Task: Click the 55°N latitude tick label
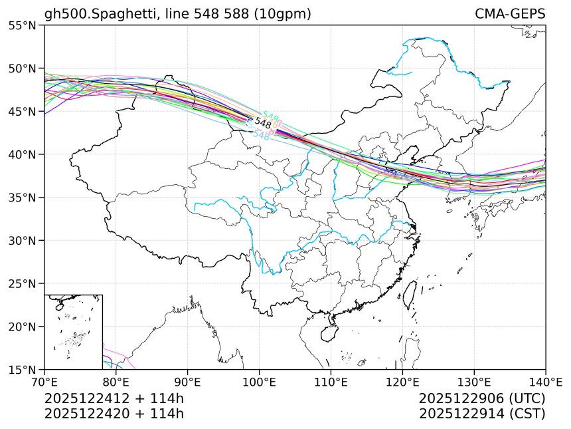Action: pyautogui.click(x=23, y=25)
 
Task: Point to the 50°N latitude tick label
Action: pyautogui.click(x=23, y=69)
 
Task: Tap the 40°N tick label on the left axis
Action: pyautogui.click(x=23, y=154)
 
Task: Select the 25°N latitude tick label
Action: pyautogui.click(x=23, y=283)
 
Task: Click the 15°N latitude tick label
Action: pyautogui.click(x=23, y=369)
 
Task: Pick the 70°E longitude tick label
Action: pyautogui.click(x=44, y=382)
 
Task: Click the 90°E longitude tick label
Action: pyautogui.click(x=188, y=382)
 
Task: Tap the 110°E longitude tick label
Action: pyautogui.click(x=331, y=382)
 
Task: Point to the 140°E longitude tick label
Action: pyautogui.click(x=544, y=382)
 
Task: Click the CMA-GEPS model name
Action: pyautogui.click(x=510, y=14)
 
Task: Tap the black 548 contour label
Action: pyautogui.click(x=263, y=124)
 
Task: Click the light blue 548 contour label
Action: pyautogui.click(x=261, y=135)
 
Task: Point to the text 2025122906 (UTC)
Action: pyautogui.click(x=482, y=398)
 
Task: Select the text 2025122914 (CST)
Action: pyautogui.click(x=482, y=413)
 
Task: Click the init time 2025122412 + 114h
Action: pyautogui.click(x=114, y=398)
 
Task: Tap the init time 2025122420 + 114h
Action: pyautogui.click(x=114, y=413)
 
